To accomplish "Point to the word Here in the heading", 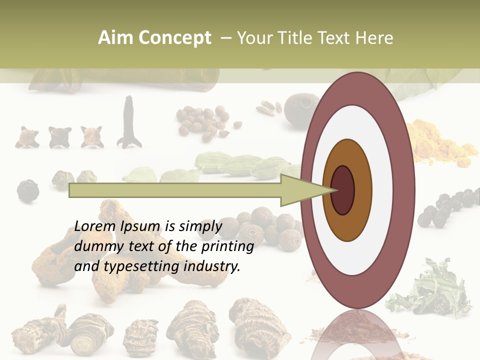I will coord(375,38).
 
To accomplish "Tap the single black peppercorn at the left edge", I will coord(27,190).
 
